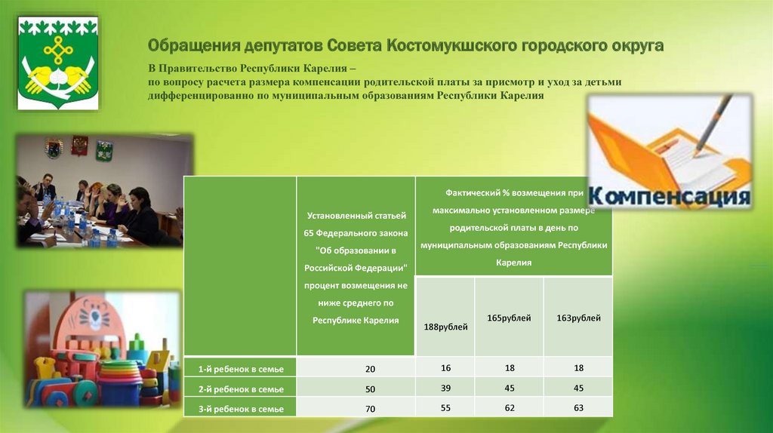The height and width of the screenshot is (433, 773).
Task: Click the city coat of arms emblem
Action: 58,63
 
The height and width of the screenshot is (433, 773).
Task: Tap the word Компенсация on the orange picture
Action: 669,195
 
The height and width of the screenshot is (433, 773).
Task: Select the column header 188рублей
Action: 445,327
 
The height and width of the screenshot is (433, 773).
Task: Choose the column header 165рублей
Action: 509,318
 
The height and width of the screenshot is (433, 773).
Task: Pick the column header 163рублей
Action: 578,318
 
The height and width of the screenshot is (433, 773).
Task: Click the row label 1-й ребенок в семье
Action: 241,369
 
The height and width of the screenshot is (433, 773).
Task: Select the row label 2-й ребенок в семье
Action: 241,389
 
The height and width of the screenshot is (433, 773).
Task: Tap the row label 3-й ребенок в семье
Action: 241,409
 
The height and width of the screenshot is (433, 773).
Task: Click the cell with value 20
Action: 370,369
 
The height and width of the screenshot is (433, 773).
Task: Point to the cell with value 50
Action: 370,389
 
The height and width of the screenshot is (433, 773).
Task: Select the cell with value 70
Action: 370,409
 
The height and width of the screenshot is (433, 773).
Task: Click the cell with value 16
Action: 445,368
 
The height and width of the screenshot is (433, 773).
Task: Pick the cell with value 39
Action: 445,388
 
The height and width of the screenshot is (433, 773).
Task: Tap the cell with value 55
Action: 445,408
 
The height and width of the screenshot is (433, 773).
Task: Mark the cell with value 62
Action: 510,408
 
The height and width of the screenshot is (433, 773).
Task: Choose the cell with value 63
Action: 578,408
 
